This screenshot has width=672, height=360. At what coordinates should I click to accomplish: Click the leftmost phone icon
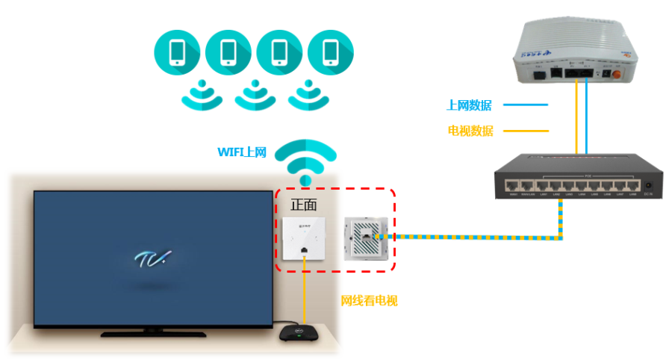point(177,53)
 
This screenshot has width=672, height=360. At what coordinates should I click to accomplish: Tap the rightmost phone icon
point(330,53)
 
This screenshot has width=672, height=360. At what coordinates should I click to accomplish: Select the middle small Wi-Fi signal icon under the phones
point(254,93)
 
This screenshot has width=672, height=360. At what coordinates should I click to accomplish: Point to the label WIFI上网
point(241,152)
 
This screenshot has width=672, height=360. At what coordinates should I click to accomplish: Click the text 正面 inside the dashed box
point(304,203)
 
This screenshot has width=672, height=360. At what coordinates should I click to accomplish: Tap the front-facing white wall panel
point(305,240)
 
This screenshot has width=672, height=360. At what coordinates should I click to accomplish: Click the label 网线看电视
point(369,300)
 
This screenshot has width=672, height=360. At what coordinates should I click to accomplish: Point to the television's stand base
point(153,332)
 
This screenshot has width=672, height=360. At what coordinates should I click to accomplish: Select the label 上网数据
point(469,105)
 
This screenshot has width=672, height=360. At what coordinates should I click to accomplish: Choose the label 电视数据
point(470,131)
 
